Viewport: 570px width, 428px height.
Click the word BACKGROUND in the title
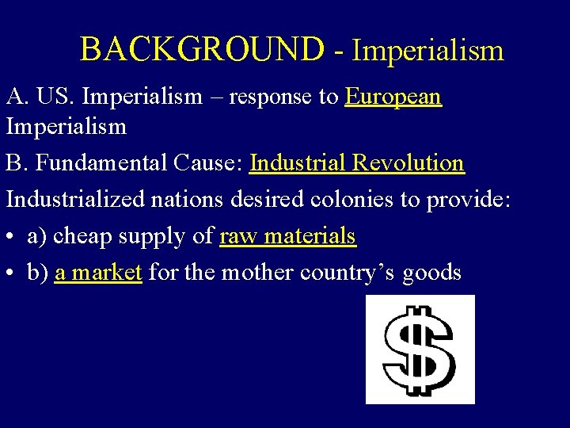(202, 50)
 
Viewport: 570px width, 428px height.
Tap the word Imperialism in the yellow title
(428, 51)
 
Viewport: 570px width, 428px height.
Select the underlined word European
(393, 97)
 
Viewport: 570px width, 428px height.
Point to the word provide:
(471, 199)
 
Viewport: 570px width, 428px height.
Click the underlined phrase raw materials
(288, 236)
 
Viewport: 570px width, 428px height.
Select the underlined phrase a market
(98, 273)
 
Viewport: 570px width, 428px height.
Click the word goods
(432, 273)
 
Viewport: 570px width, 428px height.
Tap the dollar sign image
(420, 349)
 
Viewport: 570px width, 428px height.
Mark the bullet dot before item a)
(13, 237)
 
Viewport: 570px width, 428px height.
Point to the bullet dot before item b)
(13, 273)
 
